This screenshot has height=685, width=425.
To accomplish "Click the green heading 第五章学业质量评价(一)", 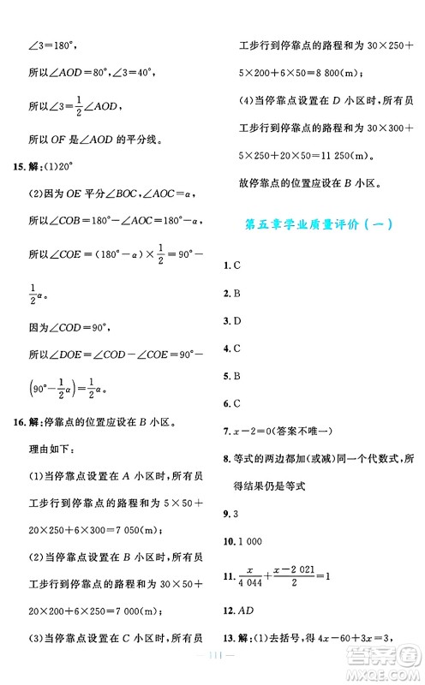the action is tap(318, 225).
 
